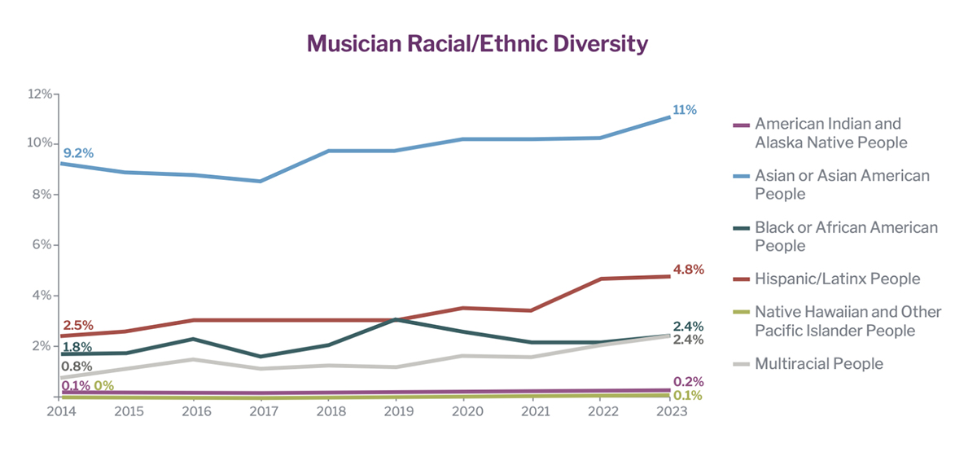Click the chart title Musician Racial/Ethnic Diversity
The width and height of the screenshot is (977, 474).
pyautogui.click(x=476, y=44)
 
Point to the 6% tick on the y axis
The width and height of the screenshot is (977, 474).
pyautogui.click(x=41, y=245)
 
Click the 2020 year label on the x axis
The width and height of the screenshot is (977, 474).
pyautogui.click(x=464, y=412)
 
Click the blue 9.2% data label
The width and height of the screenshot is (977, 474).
pyautogui.click(x=78, y=152)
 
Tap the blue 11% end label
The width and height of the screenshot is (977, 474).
pyautogui.click(x=684, y=110)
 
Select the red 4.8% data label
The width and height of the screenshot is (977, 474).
pyautogui.click(x=688, y=270)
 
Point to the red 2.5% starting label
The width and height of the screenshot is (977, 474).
pyautogui.click(x=78, y=326)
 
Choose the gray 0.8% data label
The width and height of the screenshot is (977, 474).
pyautogui.click(x=77, y=366)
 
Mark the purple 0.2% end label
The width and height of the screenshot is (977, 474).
pyautogui.click(x=688, y=382)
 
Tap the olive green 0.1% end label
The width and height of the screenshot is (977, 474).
pyautogui.click(x=688, y=396)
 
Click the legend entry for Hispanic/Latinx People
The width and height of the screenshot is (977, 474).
pyautogui.click(x=837, y=279)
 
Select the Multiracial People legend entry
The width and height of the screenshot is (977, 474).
pyautogui.click(x=818, y=363)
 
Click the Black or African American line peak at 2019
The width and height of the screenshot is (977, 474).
pyautogui.click(x=395, y=319)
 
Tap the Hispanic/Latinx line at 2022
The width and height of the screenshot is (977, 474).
pyautogui.click(x=601, y=279)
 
